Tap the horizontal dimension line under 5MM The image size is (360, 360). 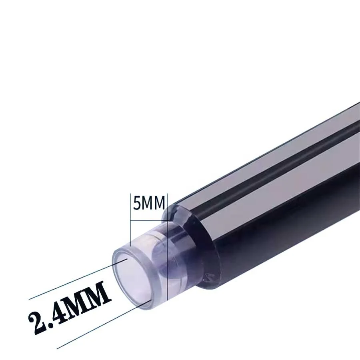tap(148, 220)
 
